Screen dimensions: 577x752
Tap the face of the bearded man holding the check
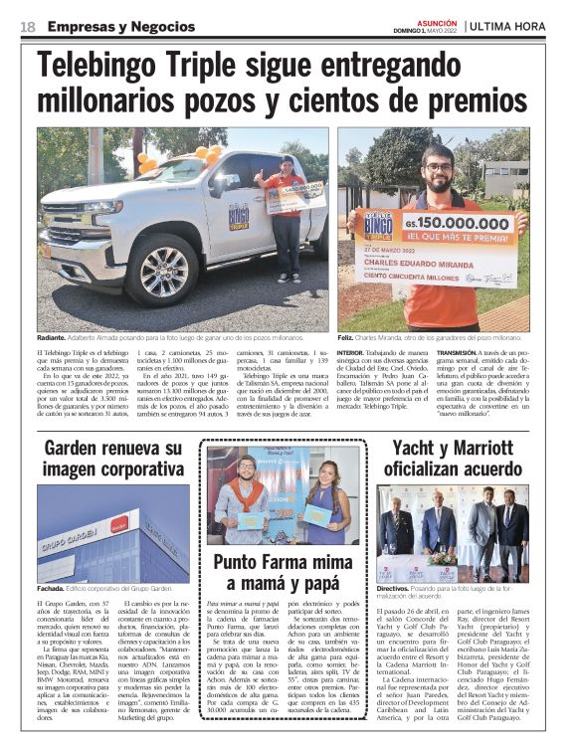438,165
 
